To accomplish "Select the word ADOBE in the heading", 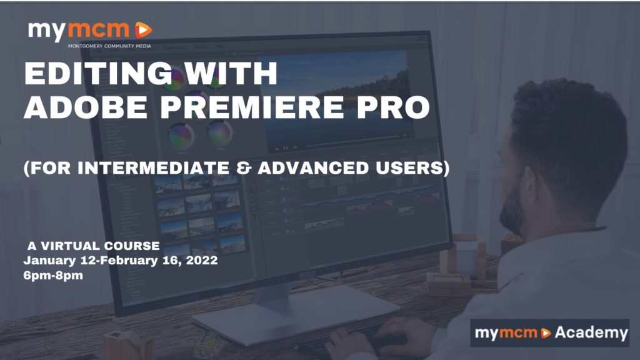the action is [x=86, y=107].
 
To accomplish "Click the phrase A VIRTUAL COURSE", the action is [x=94, y=246].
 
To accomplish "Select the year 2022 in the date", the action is [x=202, y=261].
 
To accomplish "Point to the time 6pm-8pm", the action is [x=53, y=276].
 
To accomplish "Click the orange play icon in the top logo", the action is [x=143, y=30].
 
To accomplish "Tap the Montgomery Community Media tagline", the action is [x=109, y=46].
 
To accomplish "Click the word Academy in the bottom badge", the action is [x=591, y=333].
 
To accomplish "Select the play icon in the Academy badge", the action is [x=546, y=333].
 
